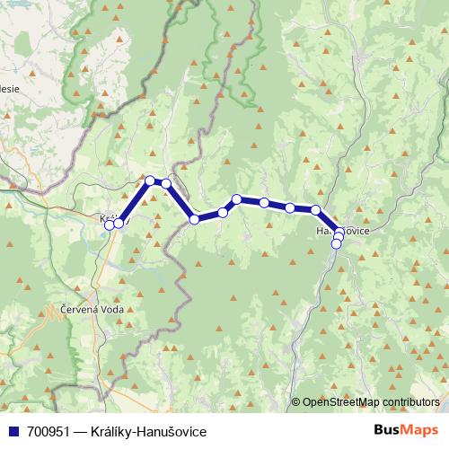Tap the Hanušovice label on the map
tap(342, 231)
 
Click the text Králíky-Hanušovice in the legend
tap(148, 431)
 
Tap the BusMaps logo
tap(406, 430)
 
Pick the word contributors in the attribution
tap(412, 402)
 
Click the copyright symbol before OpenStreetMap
tap(295, 402)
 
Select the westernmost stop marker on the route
tap(110, 224)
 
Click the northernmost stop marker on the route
tap(150, 180)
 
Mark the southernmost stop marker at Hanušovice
tap(337, 243)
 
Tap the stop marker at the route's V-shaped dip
tap(194, 219)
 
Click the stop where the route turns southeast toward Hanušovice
tap(316, 210)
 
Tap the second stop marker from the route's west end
tap(119, 223)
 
